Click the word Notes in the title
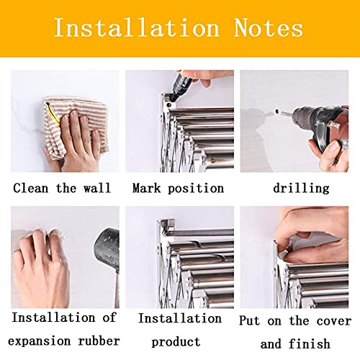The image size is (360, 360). (x=269, y=28)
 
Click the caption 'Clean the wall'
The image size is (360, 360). (x=62, y=189)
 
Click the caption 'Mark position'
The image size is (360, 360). (x=178, y=189)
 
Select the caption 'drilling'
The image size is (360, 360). (x=300, y=189)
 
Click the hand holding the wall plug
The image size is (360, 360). (x=43, y=263)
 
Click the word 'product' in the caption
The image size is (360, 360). (x=179, y=340)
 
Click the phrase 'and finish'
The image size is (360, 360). (x=295, y=343)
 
